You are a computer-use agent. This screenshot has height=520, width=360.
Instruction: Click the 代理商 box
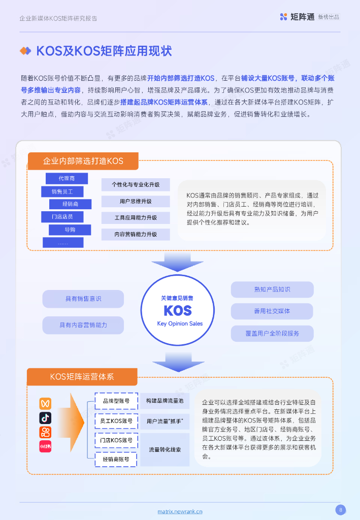[x=67, y=178]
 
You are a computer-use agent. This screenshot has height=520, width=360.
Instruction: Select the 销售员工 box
[x=62, y=191]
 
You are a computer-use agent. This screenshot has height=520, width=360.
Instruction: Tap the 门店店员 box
[x=62, y=217]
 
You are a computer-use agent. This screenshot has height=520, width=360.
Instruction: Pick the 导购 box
[x=70, y=230]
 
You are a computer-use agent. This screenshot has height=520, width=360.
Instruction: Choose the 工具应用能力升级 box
[x=135, y=218]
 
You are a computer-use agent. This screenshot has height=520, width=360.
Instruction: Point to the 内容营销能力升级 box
[x=135, y=234]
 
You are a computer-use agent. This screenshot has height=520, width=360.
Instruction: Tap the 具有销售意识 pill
[x=83, y=299]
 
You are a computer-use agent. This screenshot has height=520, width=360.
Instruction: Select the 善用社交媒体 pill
[x=272, y=311]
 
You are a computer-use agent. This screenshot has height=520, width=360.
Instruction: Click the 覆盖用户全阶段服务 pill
[x=272, y=333]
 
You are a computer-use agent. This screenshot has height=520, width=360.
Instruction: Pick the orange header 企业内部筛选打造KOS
[x=83, y=161]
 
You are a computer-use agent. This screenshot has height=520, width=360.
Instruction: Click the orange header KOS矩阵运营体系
[x=82, y=377]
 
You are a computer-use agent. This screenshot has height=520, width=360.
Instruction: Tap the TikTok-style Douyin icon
[x=46, y=418]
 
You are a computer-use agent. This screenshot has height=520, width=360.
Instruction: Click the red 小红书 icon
[x=46, y=446]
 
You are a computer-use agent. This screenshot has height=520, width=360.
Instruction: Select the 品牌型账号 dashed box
[x=116, y=401]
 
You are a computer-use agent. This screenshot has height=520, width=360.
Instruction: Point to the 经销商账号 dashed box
[x=116, y=459]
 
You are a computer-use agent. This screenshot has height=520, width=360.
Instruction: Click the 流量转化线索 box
[x=165, y=449]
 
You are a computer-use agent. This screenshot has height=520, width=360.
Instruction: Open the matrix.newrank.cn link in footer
[x=180, y=512]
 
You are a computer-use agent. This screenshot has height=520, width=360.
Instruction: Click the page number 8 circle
[x=341, y=509]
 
